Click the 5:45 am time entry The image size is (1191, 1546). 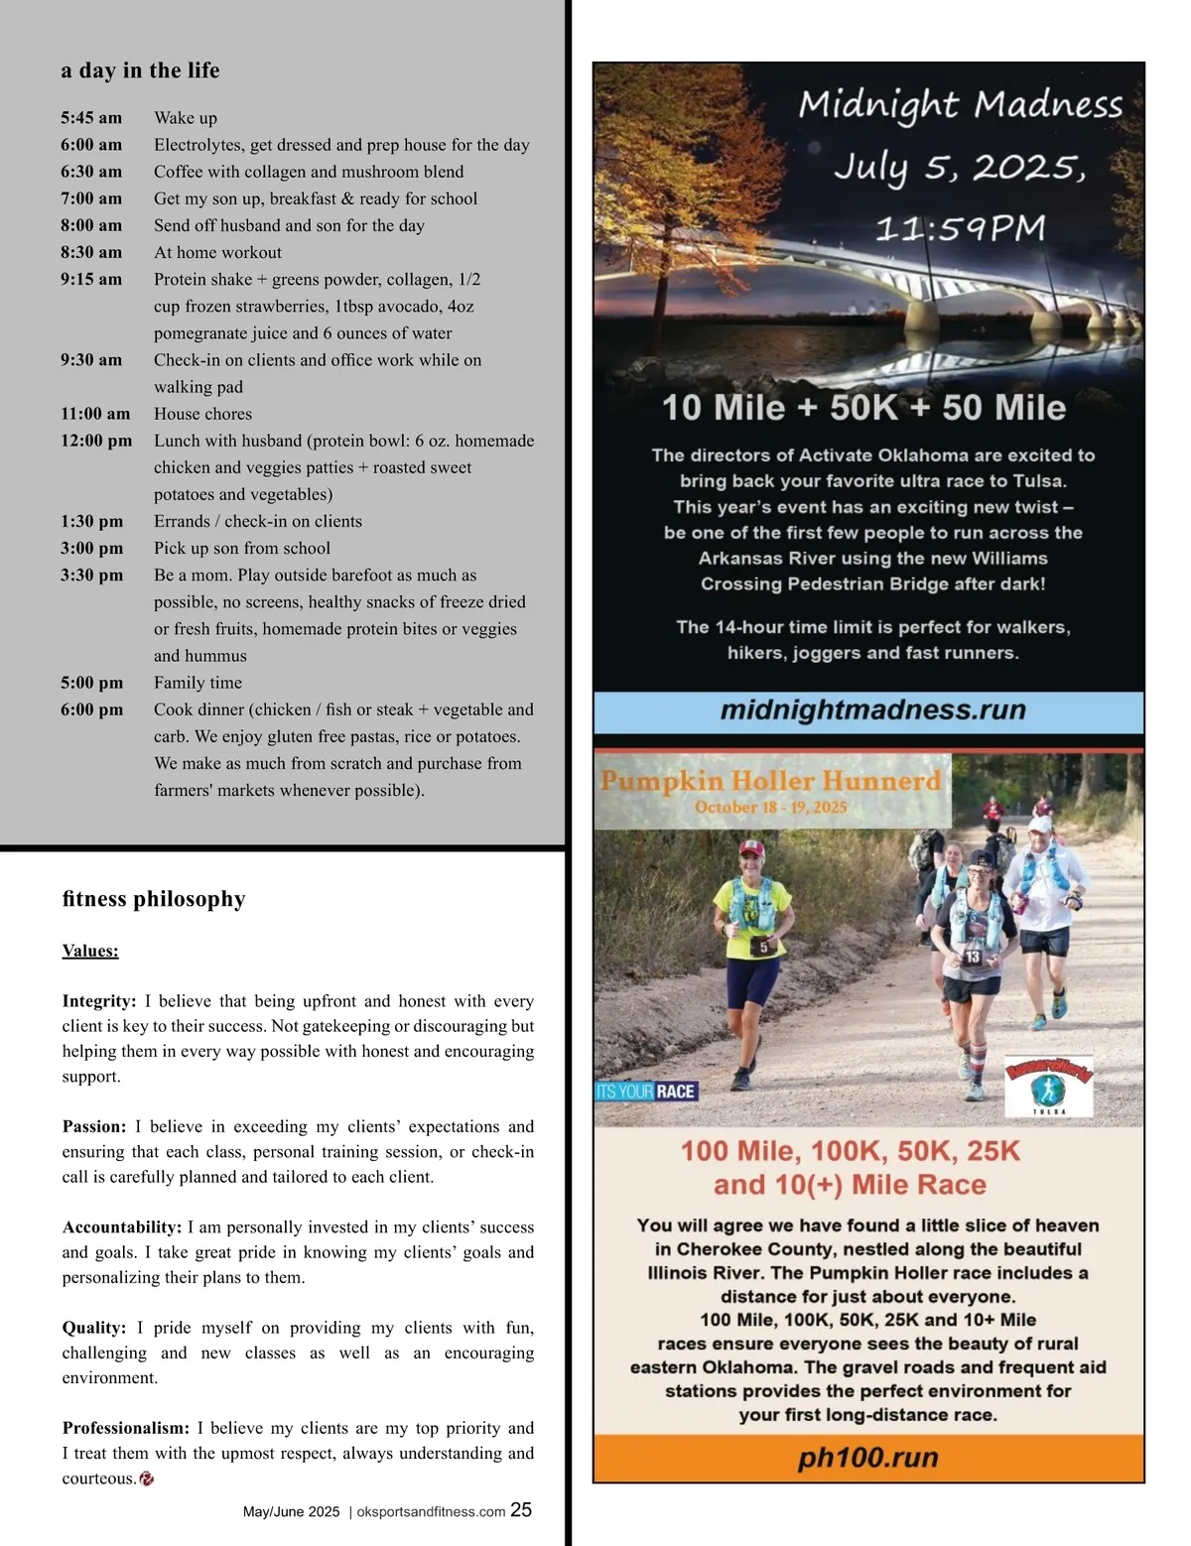pyautogui.click(x=91, y=118)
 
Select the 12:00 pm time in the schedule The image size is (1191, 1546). pyautogui.click(x=96, y=441)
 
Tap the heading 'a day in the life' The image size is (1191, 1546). pyautogui.click(x=140, y=70)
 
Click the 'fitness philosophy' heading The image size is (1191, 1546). pyautogui.click(x=154, y=899)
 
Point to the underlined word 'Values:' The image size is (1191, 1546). pyautogui.click(x=90, y=951)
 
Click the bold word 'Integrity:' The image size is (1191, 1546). pyautogui.click(x=99, y=1001)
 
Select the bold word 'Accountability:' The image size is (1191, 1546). pyautogui.click(x=122, y=1227)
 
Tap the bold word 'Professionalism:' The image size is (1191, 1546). pyautogui.click(x=126, y=1428)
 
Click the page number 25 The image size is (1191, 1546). pyautogui.click(x=521, y=1510)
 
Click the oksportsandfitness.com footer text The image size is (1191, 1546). pyautogui.click(x=431, y=1512)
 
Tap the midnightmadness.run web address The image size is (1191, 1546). pyautogui.click(x=872, y=710)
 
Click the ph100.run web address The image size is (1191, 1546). pyautogui.click(x=868, y=1458)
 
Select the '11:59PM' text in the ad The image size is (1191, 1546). pyautogui.click(x=960, y=229)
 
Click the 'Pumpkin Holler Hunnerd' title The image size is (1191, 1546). pyautogui.click(x=771, y=781)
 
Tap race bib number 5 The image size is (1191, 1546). pyautogui.click(x=763, y=948)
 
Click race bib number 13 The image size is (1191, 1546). pyautogui.click(x=973, y=957)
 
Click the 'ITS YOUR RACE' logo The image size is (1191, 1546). pyautogui.click(x=646, y=1092)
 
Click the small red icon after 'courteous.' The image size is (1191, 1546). pyautogui.click(x=147, y=1479)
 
